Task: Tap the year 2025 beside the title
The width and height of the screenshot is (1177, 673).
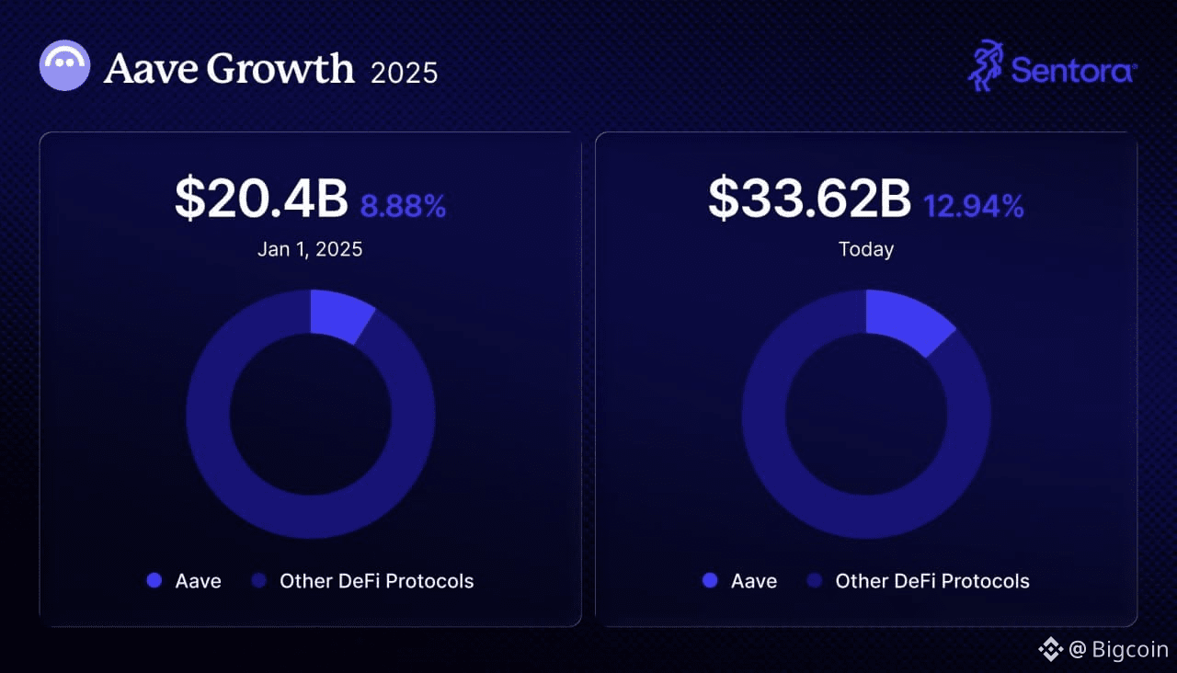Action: coord(404,72)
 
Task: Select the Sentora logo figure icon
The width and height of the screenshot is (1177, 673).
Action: coord(986,65)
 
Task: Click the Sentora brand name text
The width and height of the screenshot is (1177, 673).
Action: coord(1073,70)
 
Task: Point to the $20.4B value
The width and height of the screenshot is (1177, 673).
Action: coord(261,200)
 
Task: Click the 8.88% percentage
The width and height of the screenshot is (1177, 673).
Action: coord(403,206)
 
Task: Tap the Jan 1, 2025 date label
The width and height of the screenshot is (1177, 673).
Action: coord(310,249)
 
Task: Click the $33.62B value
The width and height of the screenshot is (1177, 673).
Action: coord(809,200)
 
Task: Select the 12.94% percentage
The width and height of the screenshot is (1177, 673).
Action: coord(973,206)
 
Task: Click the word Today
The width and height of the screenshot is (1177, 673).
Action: coord(866,249)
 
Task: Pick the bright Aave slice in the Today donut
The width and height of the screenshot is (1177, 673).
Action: coord(906,322)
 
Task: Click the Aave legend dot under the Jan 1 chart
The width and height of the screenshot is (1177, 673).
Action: coord(154,581)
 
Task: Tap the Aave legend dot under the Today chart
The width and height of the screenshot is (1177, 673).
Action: coord(710,581)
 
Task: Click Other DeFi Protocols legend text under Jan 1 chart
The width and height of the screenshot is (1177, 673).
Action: coord(376,581)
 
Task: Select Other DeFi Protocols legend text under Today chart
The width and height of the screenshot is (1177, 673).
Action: coord(931,581)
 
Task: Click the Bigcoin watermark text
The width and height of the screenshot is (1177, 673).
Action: coord(1129,650)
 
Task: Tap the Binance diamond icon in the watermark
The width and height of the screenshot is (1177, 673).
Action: coord(1050,650)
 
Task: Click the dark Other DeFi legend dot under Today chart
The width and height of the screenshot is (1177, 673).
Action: coord(814,581)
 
